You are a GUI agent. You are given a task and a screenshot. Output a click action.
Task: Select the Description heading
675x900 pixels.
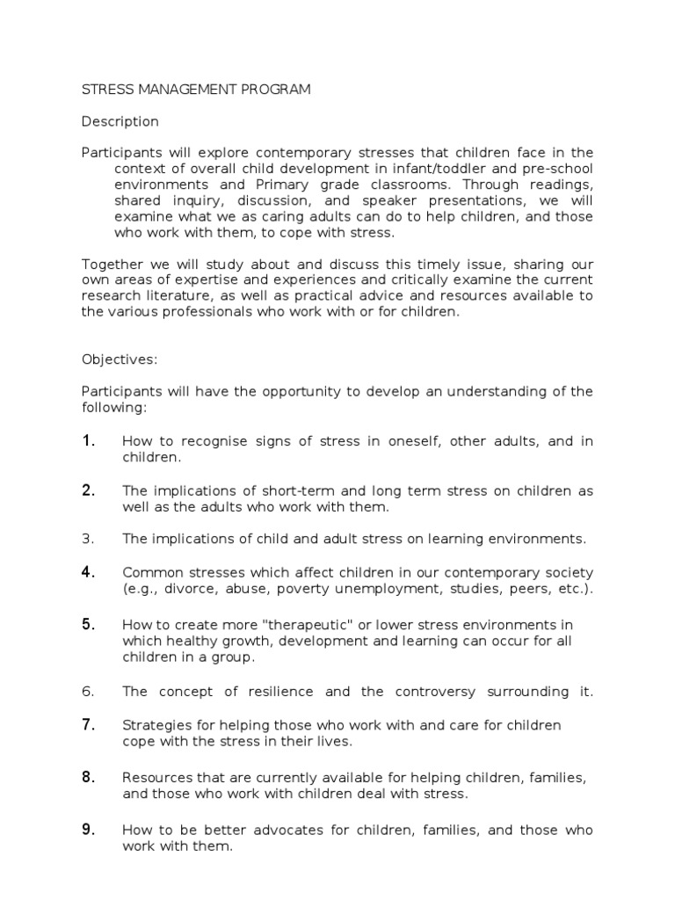[120, 121]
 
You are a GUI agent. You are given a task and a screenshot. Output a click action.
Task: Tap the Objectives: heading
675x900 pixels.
[119, 359]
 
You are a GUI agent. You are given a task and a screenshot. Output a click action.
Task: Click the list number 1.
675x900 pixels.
[88, 441]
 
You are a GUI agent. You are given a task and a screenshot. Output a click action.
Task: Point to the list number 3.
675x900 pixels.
[87, 539]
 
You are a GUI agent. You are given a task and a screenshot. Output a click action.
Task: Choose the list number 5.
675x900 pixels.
[88, 624]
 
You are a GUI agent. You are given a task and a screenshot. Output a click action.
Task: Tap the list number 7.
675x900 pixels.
[88, 724]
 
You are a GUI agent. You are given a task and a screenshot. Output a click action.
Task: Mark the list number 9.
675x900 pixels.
[88, 830]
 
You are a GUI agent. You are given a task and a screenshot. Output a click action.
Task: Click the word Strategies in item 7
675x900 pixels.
[155, 725]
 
